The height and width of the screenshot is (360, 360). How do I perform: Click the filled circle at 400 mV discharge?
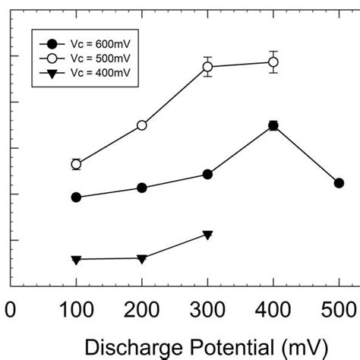tap(273, 125)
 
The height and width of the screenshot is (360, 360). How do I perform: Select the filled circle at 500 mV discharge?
tap(339, 183)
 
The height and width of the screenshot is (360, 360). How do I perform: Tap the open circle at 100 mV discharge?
tap(76, 164)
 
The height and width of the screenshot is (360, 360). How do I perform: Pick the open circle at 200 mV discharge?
tap(142, 125)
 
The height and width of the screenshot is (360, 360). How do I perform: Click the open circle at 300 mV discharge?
tap(207, 67)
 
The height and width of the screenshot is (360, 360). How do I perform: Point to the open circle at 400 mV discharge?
tap(273, 62)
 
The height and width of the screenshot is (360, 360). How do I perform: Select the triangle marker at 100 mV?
tap(76, 260)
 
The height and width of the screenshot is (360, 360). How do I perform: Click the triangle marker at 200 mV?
tap(142, 259)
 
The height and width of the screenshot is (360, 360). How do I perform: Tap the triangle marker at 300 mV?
tap(207, 235)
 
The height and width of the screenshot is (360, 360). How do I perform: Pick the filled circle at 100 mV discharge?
tap(76, 197)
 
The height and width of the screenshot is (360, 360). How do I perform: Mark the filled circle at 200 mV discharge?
tap(142, 188)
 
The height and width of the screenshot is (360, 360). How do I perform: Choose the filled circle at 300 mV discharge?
tap(207, 175)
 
